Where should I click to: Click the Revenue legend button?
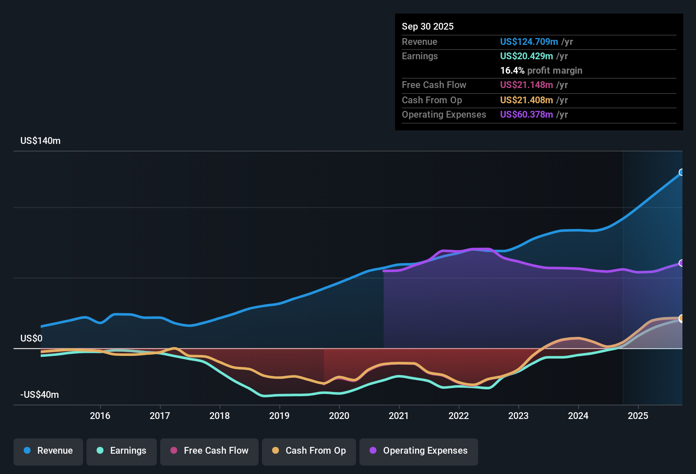48,451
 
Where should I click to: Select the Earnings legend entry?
122,451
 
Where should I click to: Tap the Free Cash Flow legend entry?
209,451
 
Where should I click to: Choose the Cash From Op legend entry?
309,451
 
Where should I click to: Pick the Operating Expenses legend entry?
419,451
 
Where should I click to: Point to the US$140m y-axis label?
40,141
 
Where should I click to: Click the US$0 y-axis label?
31,338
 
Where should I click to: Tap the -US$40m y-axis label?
39,395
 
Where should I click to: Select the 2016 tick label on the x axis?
100,416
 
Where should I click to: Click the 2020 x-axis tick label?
339,416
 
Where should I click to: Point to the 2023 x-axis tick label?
518,416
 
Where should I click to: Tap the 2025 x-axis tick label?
638,416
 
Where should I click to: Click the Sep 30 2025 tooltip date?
427,27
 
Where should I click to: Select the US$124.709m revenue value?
529,42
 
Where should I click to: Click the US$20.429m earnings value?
526,56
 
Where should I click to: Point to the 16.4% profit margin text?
541,71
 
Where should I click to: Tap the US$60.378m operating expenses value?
526,115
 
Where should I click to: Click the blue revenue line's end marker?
682,172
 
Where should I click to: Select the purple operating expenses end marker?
682,263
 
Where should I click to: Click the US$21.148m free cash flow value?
526,85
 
